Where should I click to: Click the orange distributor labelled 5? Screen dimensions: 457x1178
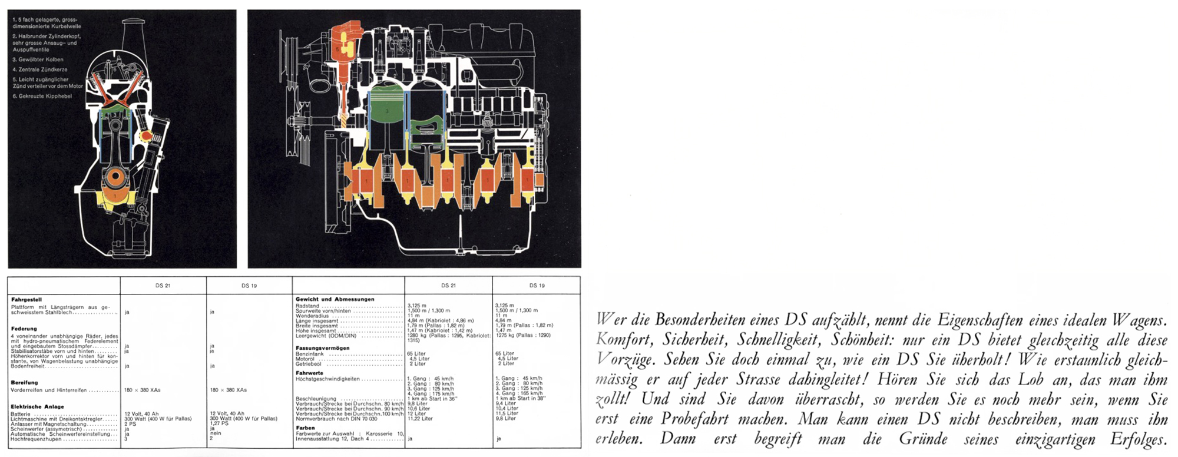[x=345, y=44]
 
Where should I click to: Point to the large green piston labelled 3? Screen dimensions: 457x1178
[x=387, y=110]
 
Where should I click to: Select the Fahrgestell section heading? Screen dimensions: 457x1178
[x=27, y=300]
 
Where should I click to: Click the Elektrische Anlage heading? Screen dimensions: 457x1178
[x=37, y=406]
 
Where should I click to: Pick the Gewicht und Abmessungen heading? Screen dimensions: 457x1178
[x=335, y=299]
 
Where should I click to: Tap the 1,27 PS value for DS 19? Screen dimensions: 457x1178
[x=219, y=423]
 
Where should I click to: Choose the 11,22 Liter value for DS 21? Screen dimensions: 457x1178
[x=420, y=419]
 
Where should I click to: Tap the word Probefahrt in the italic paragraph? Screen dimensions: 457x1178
[x=694, y=419]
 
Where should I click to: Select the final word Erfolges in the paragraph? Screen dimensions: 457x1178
[x=1139, y=439]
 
